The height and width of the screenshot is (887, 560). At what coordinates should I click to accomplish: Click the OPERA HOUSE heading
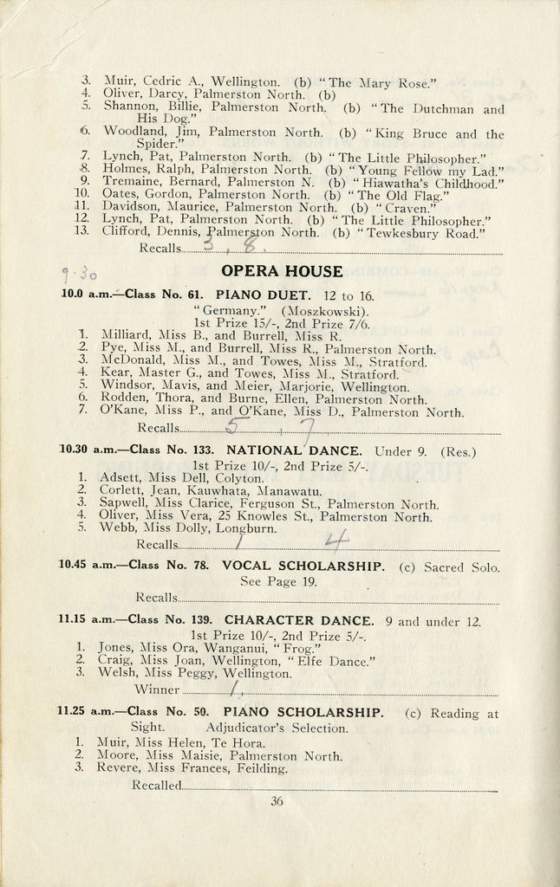[282, 271]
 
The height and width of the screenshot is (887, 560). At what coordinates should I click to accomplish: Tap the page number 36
[277, 801]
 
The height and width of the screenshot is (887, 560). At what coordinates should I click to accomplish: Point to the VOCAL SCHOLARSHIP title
[303, 566]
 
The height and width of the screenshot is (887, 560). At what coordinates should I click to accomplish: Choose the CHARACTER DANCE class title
[299, 620]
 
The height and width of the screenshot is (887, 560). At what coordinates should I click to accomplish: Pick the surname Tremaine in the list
[130, 184]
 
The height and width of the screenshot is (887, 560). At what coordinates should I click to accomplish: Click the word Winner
[158, 690]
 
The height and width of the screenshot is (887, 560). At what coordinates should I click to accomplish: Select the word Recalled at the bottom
[157, 785]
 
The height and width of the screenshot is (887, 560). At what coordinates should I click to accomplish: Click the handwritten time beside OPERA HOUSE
[76, 274]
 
